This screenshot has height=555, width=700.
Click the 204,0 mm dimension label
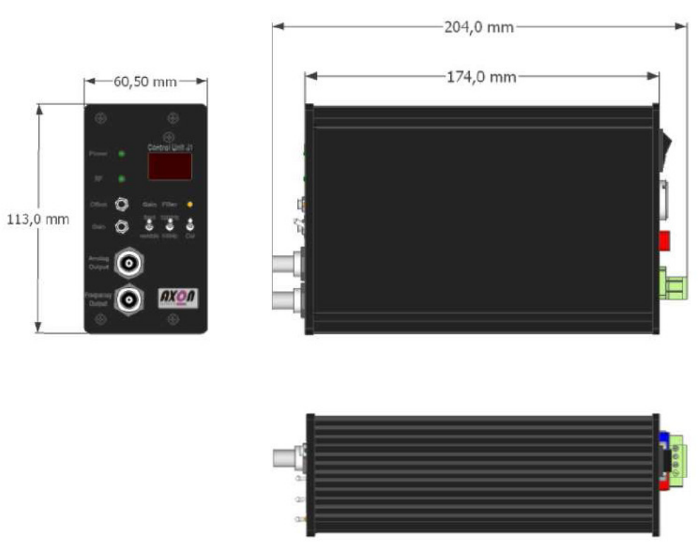(479, 28)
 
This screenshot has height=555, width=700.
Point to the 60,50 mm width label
(145, 81)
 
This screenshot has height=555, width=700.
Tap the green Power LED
(121, 154)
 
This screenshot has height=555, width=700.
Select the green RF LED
(121, 179)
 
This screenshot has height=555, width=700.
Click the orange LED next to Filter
(189, 205)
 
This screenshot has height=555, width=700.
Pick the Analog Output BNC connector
(128, 264)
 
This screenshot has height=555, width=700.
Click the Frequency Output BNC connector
(128, 299)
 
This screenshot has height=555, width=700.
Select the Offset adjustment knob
(122, 205)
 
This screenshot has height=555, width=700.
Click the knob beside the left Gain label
(122, 227)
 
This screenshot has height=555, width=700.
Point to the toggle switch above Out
(189, 227)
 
